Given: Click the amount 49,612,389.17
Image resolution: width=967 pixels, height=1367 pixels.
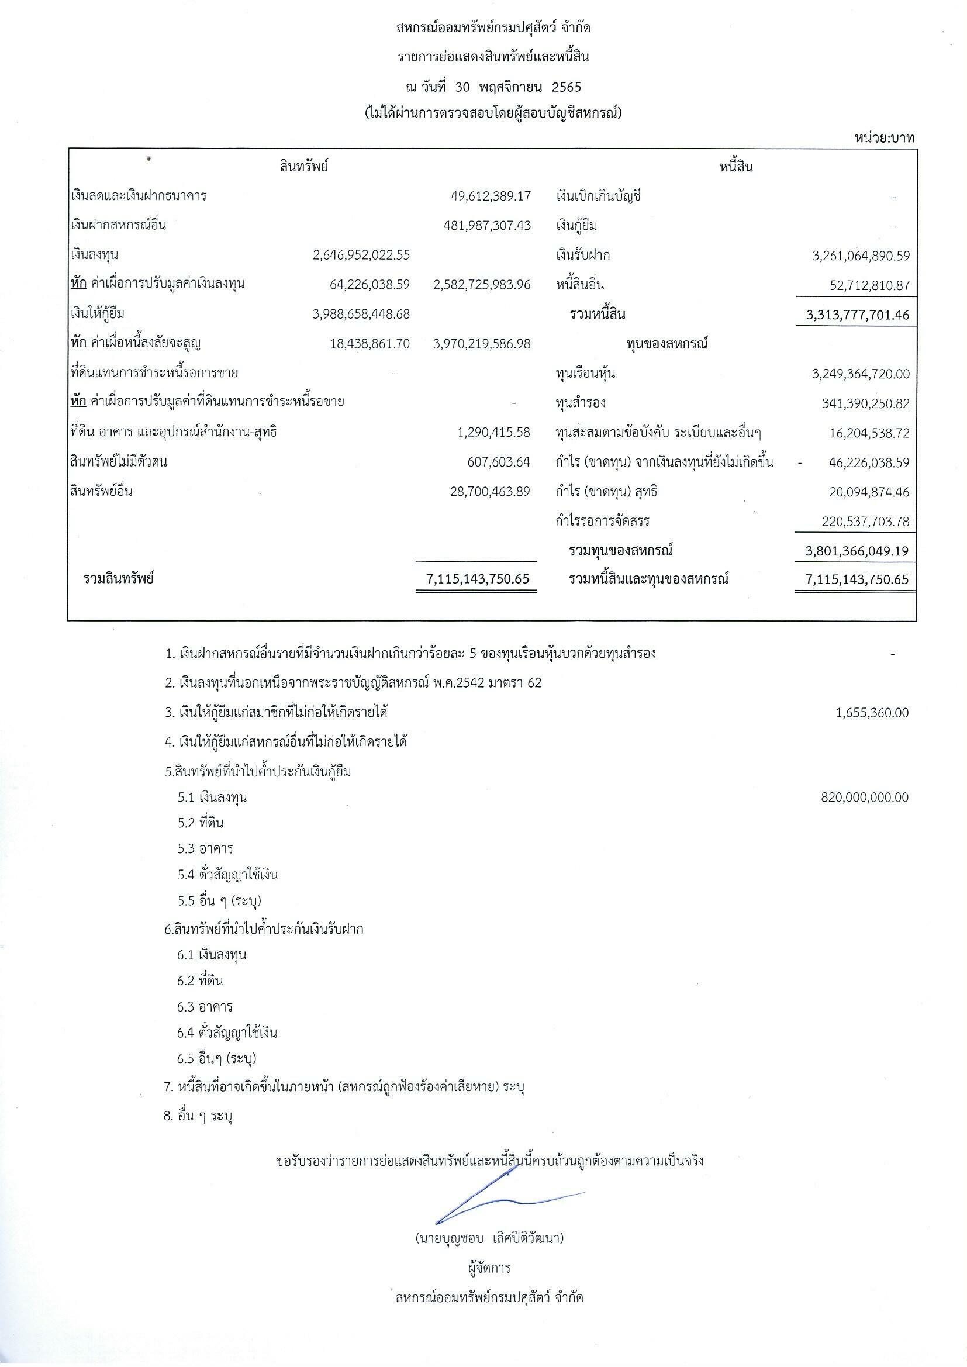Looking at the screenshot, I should (x=490, y=196).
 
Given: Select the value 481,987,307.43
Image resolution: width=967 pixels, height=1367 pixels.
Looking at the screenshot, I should (x=487, y=226).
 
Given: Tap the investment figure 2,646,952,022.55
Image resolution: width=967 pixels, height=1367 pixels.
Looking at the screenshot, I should (x=361, y=255).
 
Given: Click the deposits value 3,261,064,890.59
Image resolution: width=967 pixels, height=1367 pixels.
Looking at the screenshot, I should (x=861, y=256).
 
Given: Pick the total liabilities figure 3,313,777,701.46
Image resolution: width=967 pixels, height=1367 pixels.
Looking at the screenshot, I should (x=858, y=315).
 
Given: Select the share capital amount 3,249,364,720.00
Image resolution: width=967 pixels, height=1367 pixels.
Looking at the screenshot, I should (x=861, y=374).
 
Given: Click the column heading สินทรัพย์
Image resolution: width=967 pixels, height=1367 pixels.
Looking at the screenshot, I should (x=303, y=167).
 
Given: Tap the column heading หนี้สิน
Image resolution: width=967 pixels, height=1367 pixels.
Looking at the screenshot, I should (x=736, y=167).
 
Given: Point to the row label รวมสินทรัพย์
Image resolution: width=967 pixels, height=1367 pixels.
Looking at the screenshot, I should (x=119, y=578).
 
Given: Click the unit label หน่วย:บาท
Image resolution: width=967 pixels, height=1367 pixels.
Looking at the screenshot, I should (x=884, y=138).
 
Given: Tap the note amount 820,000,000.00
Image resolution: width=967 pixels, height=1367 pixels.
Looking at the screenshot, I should (x=864, y=797).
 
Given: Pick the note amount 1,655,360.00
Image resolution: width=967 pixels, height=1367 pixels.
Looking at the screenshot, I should (x=872, y=713).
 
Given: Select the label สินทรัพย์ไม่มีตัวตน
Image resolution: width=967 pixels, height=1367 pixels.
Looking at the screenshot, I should (x=118, y=462).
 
